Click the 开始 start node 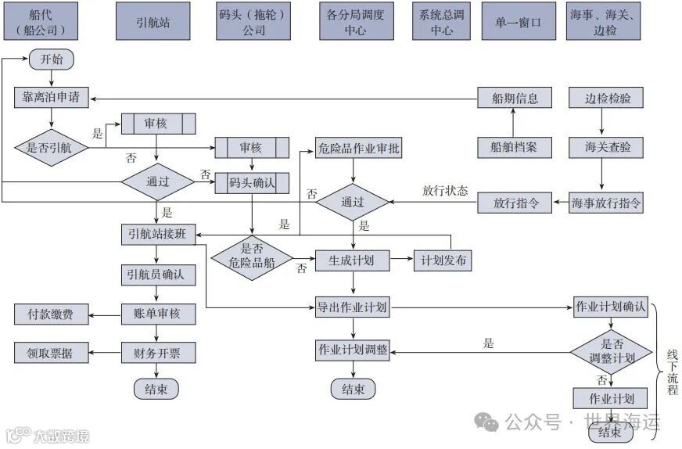(51, 59)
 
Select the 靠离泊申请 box (52, 99)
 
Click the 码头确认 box (252, 183)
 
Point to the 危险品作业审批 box (358, 147)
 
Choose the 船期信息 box (514, 99)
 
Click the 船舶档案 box (514, 146)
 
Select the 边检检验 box (608, 99)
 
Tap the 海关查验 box (608, 146)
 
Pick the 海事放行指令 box (607, 202)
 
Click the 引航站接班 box (158, 235)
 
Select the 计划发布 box (443, 260)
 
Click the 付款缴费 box (51, 314)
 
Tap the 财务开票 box (158, 353)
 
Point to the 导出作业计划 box (352, 307)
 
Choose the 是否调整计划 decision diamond (611, 350)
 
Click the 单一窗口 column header (518, 22)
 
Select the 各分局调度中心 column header (355, 22)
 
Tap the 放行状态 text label (445, 191)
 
